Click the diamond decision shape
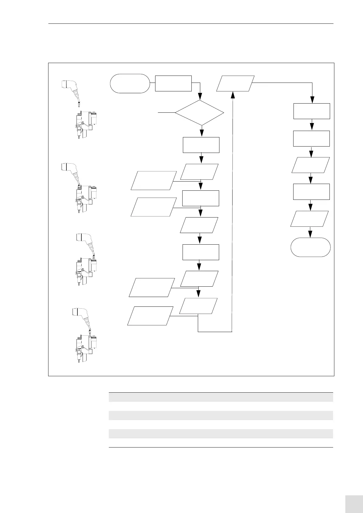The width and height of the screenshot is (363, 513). click(200, 113)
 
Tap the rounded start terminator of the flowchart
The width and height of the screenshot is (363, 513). click(130, 83)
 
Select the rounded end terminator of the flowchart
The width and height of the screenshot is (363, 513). click(310, 247)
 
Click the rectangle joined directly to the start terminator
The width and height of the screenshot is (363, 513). click(173, 83)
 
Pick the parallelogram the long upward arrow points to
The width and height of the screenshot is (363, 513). click(235, 83)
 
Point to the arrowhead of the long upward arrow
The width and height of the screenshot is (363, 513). click(233, 95)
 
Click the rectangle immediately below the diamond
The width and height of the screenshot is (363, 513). click(201, 145)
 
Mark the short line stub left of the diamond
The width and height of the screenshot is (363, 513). click(166, 113)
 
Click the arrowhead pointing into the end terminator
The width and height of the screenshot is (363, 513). click(310, 234)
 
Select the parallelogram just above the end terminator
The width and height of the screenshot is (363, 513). click(309, 218)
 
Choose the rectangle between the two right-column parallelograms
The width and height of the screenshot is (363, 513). click(311, 192)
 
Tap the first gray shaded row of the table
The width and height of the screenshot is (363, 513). click(221, 397)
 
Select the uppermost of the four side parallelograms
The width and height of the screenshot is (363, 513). click(154, 180)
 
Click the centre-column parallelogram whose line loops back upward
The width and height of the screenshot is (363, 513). click(198, 306)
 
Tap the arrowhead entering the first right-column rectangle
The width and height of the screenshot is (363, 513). click(312, 100)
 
